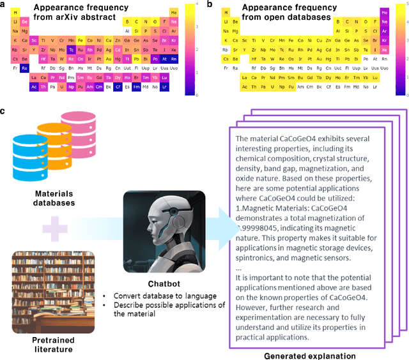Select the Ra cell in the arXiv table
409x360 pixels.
click(x=24, y=67)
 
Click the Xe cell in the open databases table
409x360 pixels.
click(x=384, y=49)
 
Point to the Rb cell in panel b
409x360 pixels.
click(x=226, y=49)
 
